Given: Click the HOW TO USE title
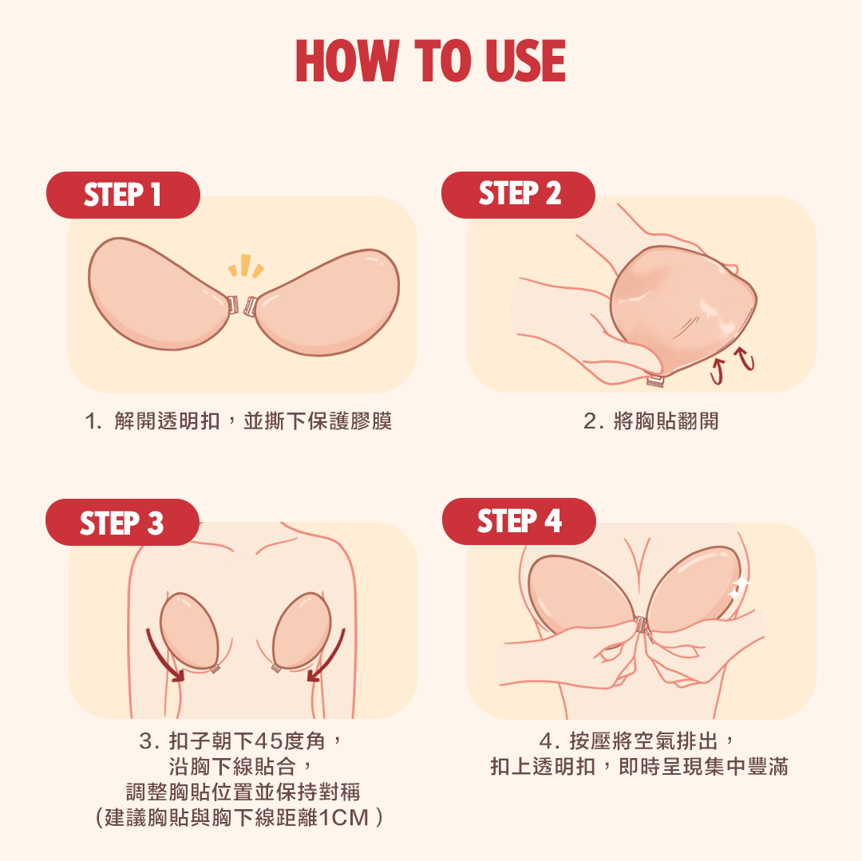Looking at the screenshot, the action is tap(430, 61).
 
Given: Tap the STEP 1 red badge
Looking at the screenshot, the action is tap(123, 195).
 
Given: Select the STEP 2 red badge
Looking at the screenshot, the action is tap(519, 195).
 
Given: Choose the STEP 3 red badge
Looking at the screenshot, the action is tap(122, 522).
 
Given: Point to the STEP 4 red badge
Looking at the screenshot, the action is tap(519, 521).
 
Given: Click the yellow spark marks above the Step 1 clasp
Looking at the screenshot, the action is tap(246, 266).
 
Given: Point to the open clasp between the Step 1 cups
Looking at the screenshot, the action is tap(243, 305).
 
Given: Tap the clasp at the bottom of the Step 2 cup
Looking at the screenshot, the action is tap(655, 380).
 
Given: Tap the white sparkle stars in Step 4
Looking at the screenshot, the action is tap(737, 587).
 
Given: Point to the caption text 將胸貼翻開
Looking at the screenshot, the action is tap(666, 421).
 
